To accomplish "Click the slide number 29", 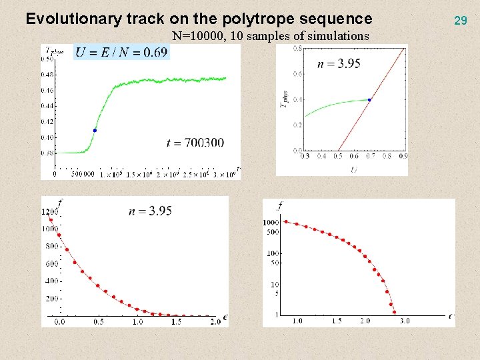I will tap(460, 21).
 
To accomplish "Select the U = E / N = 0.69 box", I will tap(121, 52).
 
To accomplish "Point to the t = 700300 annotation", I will tap(195, 142).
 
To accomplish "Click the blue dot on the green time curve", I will tap(95, 130).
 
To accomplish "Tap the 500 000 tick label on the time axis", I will tap(80, 175).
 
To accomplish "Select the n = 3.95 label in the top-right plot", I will tap(339, 63).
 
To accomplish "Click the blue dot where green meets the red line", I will tap(369, 99).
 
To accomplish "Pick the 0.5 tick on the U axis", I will tap(339, 156).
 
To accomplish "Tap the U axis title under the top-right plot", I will tap(353, 169).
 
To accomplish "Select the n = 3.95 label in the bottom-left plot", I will tap(151, 211).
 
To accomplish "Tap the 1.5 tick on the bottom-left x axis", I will tap(176, 321).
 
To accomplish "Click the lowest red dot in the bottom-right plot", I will tap(394, 312).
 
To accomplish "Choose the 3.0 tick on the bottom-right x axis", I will tap(405, 321).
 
